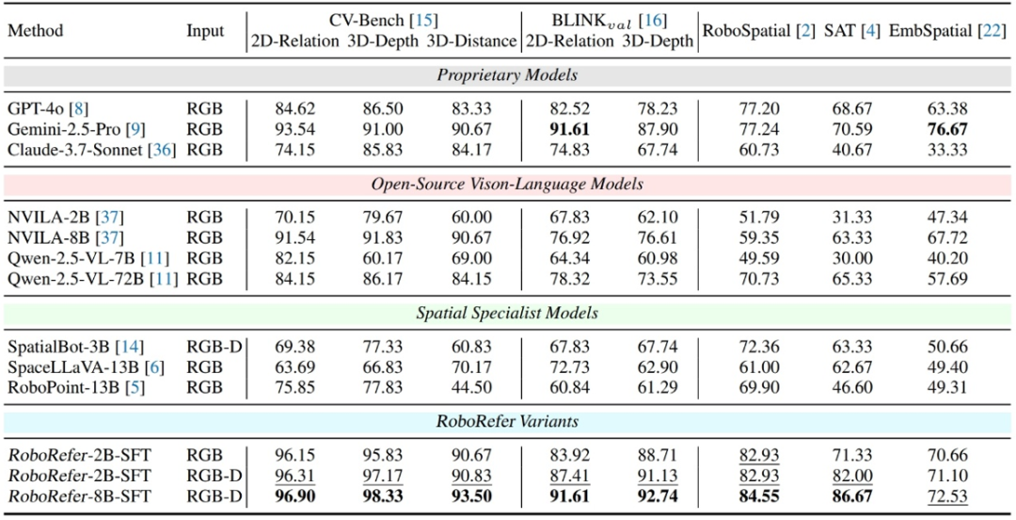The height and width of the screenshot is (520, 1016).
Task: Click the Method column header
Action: coord(35,31)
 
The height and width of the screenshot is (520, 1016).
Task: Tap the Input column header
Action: coord(204,31)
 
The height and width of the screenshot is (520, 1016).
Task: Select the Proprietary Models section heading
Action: coord(507,75)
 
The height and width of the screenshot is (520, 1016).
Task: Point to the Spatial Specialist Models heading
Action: coord(507,313)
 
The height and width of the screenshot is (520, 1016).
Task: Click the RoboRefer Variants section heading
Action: coord(507,422)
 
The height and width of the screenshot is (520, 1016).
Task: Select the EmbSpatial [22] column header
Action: coord(948,31)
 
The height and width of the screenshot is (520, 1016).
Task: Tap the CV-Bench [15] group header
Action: coord(383,19)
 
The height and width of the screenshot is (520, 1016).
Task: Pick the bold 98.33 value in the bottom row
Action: coord(383,496)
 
